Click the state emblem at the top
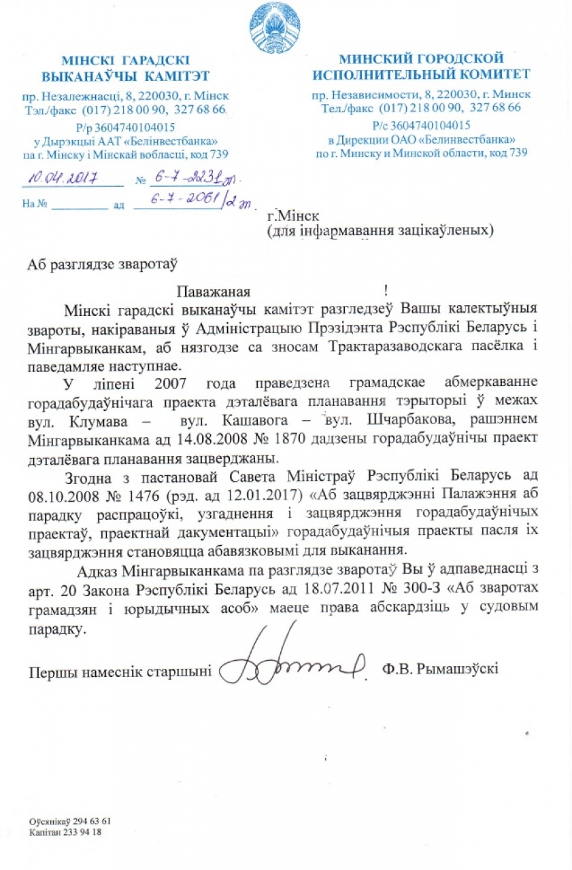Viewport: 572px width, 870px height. (x=276, y=28)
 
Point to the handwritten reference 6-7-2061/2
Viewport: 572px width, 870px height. (x=190, y=202)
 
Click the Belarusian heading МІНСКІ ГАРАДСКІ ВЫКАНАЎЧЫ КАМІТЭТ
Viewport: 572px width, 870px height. (x=125, y=67)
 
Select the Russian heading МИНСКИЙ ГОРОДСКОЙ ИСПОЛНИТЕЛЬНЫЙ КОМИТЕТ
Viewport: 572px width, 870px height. (x=421, y=66)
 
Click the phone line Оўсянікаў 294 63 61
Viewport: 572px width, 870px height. (x=70, y=820)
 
